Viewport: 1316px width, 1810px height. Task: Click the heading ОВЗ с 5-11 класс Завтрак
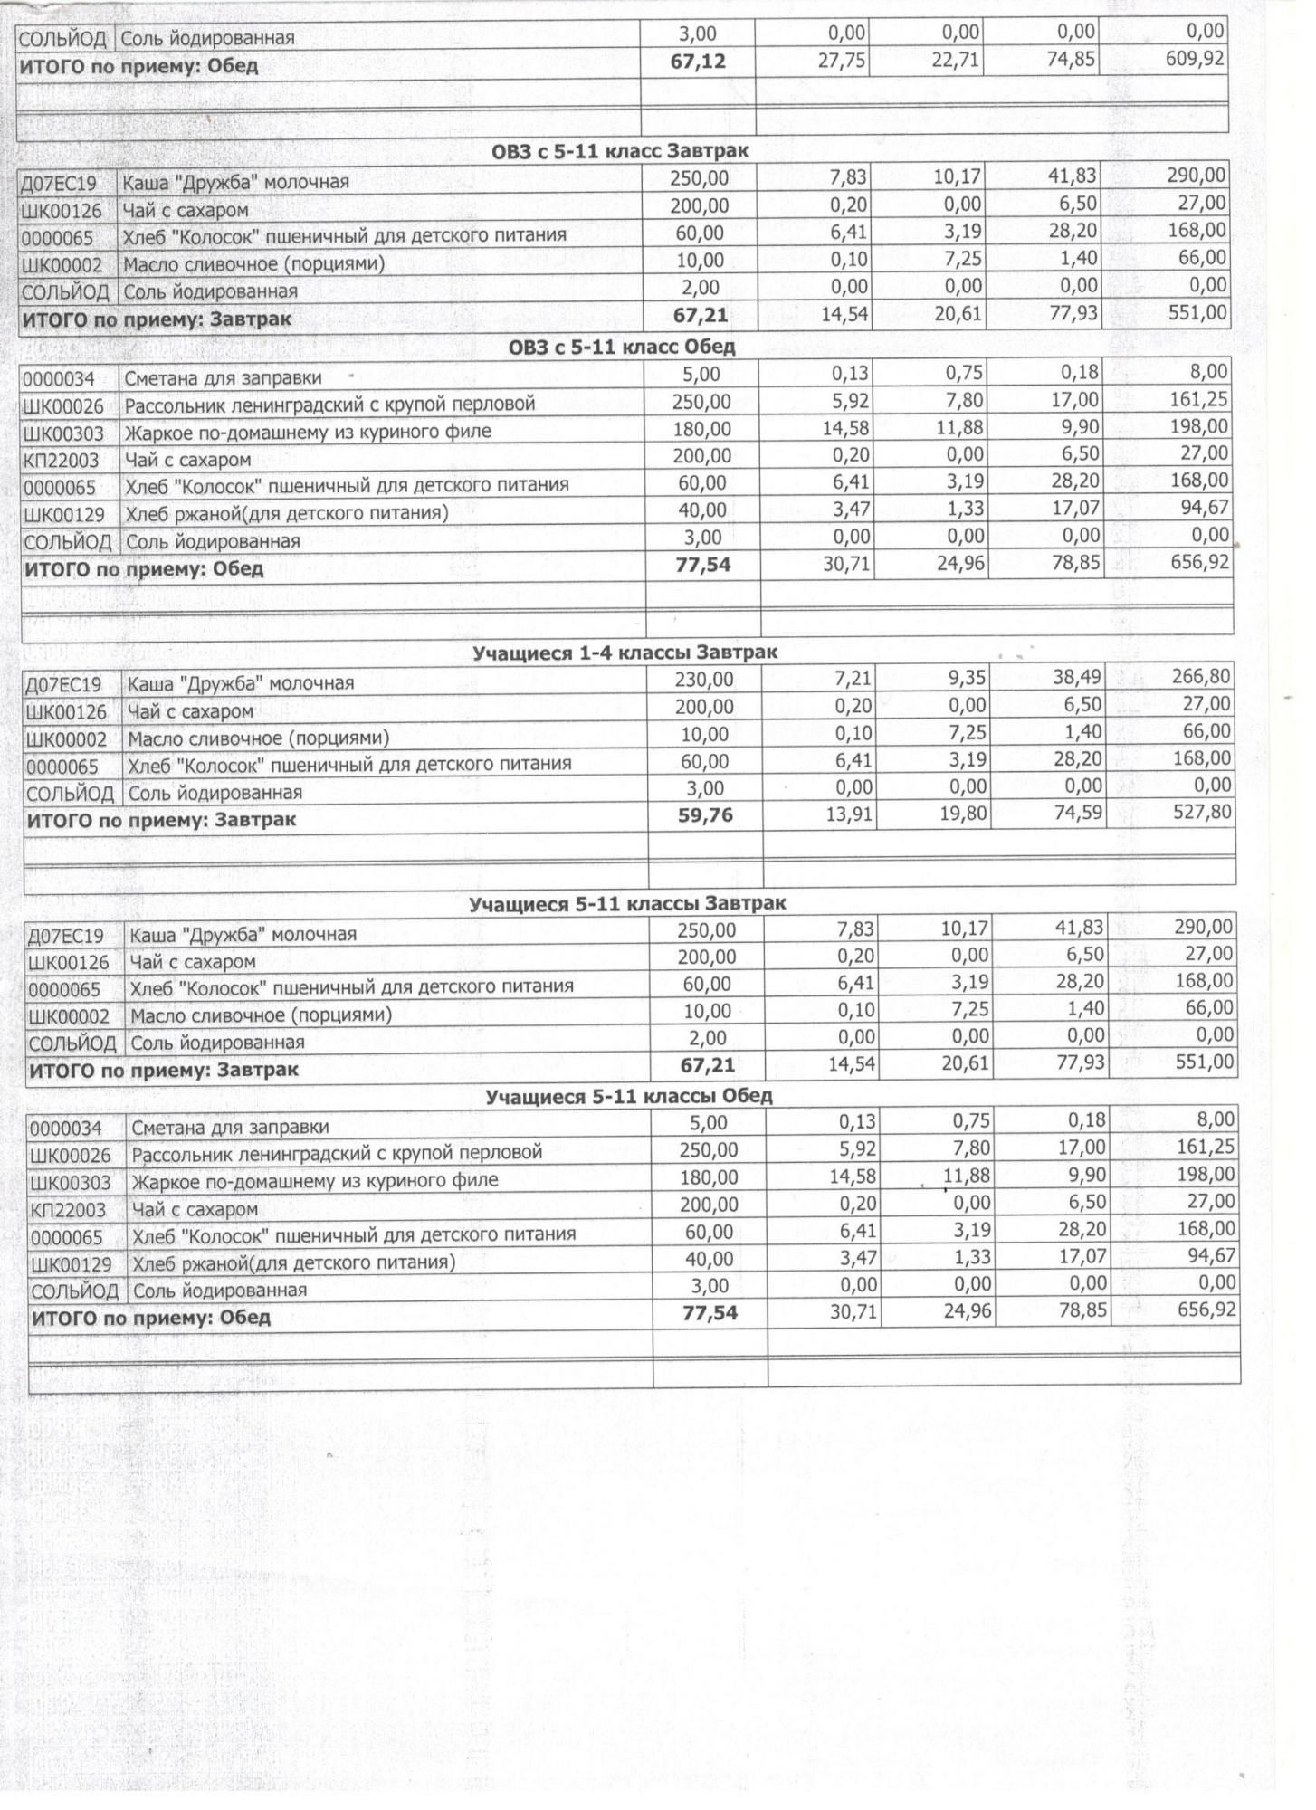click(620, 151)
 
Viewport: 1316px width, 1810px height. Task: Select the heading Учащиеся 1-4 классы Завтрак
click(625, 652)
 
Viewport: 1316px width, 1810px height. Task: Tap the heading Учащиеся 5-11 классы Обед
click(629, 1097)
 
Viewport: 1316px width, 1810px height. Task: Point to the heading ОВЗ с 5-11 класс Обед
click(622, 347)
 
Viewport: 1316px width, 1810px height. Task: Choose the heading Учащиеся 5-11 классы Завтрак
click(627, 903)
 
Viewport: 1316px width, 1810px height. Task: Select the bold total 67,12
click(698, 62)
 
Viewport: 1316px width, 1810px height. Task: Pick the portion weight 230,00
click(704, 680)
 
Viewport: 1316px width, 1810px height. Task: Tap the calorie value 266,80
click(1200, 677)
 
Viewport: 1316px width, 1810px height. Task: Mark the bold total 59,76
click(705, 816)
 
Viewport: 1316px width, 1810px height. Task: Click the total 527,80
click(1200, 813)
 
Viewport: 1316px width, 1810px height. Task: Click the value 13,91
click(848, 814)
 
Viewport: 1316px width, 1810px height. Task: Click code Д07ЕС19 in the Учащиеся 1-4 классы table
click(64, 685)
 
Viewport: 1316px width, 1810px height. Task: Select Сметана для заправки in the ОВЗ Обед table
click(223, 378)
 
